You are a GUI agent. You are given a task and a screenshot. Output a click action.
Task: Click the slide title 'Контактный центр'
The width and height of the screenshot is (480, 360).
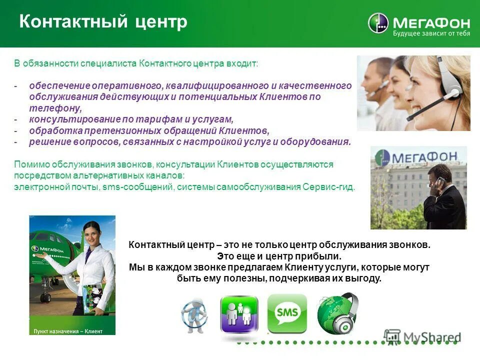[103, 22]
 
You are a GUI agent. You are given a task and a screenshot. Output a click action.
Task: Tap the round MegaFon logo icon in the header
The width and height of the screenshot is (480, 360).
[378, 23]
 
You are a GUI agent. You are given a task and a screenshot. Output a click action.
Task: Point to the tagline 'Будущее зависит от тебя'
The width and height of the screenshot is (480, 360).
[424, 34]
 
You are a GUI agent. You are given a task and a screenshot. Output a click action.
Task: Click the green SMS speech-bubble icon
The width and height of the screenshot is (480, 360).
[287, 313]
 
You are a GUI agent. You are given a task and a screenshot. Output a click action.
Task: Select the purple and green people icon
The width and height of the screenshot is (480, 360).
[239, 314]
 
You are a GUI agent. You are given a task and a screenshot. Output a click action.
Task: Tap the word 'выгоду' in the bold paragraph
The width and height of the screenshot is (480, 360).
[365, 278]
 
